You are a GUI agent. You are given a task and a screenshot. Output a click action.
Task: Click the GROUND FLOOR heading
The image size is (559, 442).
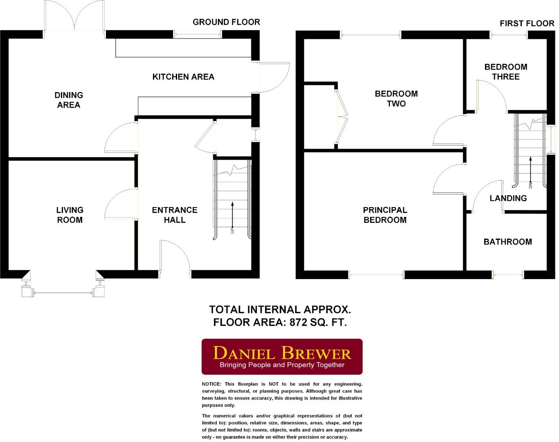point(226,22)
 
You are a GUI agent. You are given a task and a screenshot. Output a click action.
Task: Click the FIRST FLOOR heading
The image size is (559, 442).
point(527,23)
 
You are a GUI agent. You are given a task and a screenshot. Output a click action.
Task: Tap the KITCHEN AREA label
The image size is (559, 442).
point(183,77)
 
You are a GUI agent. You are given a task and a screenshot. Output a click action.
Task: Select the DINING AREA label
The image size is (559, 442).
point(69,100)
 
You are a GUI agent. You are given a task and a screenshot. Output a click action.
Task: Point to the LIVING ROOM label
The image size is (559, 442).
point(70,215)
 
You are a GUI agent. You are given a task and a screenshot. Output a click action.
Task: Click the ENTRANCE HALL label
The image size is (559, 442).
point(175,215)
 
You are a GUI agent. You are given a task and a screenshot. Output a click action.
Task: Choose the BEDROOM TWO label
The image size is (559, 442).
point(396,99)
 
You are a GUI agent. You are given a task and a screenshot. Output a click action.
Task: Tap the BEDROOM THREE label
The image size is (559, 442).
point(506,72)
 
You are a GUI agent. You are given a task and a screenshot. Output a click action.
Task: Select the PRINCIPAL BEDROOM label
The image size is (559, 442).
point(385,215)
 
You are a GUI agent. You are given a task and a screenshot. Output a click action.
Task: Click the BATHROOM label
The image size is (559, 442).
point(507,242)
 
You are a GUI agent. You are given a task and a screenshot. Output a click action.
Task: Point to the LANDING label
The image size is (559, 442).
point(508,198)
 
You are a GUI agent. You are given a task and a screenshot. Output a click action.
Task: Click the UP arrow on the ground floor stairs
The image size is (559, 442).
point(232,215)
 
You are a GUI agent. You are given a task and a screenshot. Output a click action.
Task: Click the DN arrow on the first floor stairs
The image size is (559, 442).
point(530,170)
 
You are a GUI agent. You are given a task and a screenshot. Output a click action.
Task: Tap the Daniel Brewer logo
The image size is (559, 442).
point(282,356)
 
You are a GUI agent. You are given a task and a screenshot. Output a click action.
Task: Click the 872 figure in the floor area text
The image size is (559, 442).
point(298,322)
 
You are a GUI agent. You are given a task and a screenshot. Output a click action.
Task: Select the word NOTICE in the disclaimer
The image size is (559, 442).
point(211,384)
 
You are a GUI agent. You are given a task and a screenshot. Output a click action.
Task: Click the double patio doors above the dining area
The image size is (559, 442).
point(74,18)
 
